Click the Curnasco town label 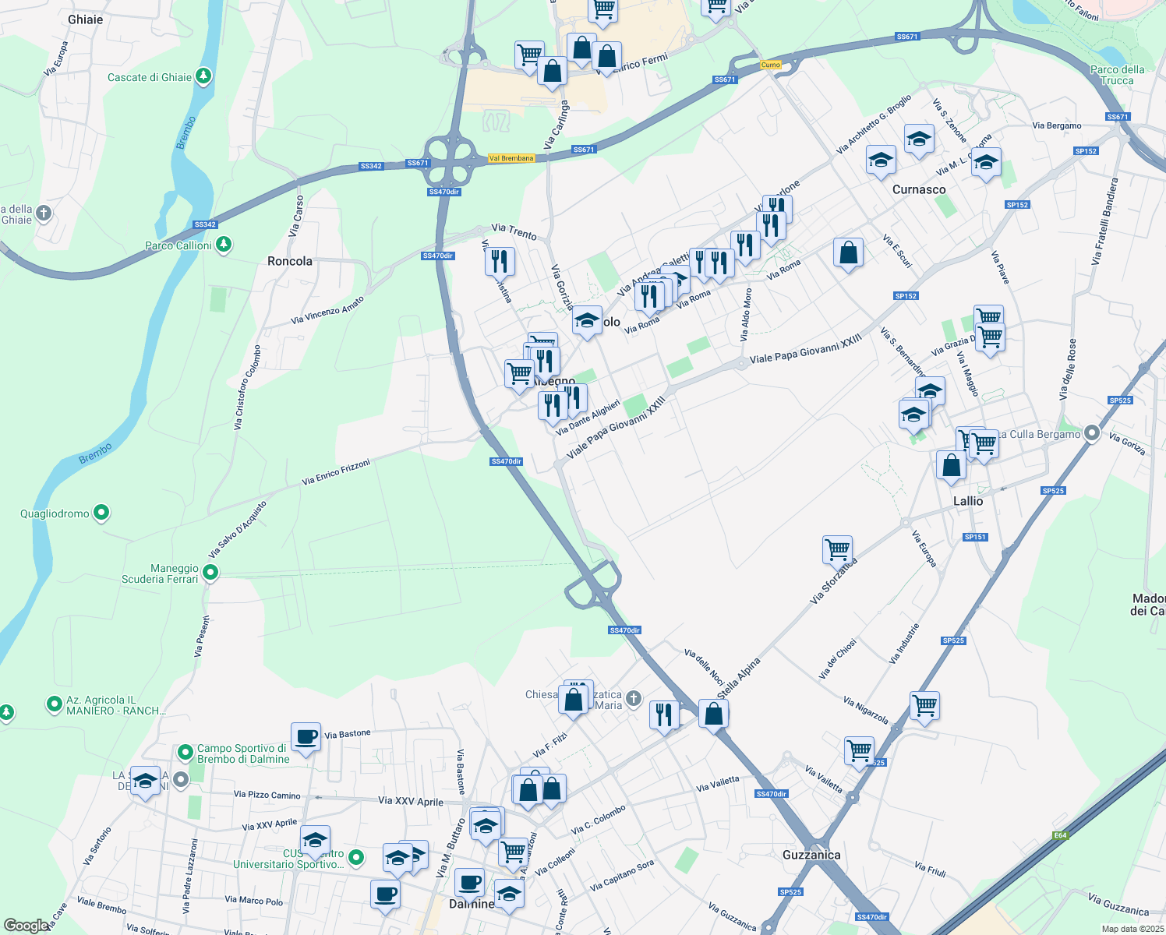(x=919, y=189)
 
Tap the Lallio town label (x=968, y=501)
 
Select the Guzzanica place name (x=811, y=855)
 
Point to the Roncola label (x=290, y=261)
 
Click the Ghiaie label (x=86, y=19)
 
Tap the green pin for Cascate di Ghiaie (x=203, y=76)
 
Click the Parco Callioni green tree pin (x=224, y=245)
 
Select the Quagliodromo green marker (x=101, y=513)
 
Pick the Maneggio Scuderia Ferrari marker (x=210, y=573)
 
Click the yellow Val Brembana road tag (x=511, y=158)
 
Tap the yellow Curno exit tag (x=770, y=65)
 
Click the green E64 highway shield (x=1060, y=835)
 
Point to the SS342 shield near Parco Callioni (x=205, y=224)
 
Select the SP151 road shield (x=975, y=537)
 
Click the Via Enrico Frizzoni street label (x=336, y=472)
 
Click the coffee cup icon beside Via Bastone (x=306, y=736)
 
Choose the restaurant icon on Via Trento (x=500, y=261)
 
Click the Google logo (x=26, y=926)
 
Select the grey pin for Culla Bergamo (x=1092, y=433)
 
